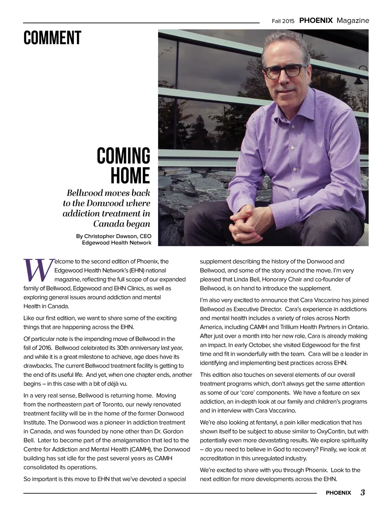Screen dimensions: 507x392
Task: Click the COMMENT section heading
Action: click(52, 38)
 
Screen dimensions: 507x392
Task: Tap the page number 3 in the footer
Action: click(362, 492)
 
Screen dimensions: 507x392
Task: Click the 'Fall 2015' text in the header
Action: click(283, 21)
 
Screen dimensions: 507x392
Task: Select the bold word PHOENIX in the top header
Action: click(316, 21)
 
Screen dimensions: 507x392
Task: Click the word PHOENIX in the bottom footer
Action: click(338, 493)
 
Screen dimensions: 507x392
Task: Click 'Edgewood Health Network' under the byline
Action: click(117, 243)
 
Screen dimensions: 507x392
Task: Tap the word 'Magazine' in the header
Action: click(353, 21)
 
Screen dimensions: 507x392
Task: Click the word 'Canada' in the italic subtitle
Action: click(110, 223)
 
